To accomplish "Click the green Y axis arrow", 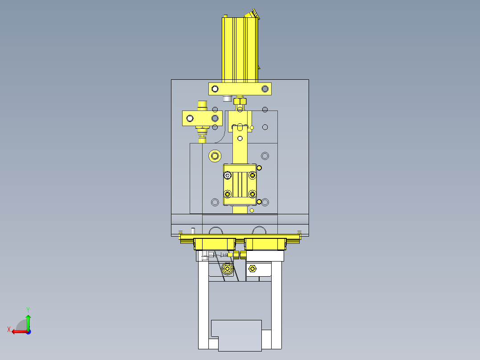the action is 28,322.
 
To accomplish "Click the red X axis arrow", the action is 19,331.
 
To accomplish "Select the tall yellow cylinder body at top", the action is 240,49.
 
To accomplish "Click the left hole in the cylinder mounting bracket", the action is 215,89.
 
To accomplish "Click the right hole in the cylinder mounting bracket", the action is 265,89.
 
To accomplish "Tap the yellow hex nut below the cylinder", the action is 240,101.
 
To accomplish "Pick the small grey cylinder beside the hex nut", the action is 227,98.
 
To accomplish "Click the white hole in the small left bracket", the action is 190,118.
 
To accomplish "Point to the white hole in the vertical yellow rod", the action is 240,139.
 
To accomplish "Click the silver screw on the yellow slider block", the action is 228,175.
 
